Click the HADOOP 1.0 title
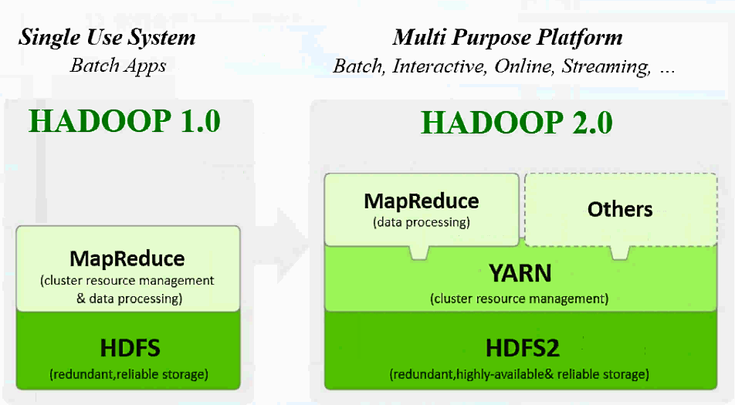(124, 121)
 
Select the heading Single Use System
(107, 37)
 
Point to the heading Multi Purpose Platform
(507, 37)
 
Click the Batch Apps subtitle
(118, 65)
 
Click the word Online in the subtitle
(521, 66)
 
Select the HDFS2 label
(522, 348)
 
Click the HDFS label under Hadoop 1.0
(130, 348)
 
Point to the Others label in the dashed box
(620, 209)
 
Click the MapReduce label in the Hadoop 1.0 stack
(128, 258)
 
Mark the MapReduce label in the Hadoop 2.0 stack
(422, 201)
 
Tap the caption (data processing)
(421, 222)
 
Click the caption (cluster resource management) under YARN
(520, 298)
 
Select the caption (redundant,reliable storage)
(129, 374)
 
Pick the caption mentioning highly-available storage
(519, 374)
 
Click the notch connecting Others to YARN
(619, 252)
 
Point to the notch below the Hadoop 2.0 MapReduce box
(419, 252)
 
